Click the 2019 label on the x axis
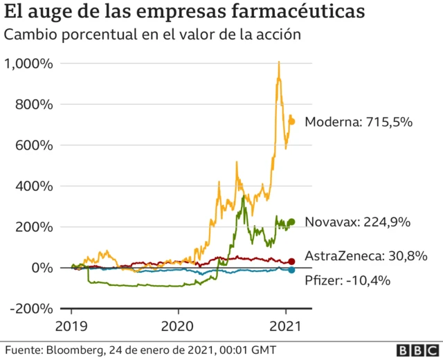(x=71, y=325)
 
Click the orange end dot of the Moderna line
(x=292, y=121)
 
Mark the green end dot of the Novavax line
(x=292, y=222)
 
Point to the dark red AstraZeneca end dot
(x=292, y=262)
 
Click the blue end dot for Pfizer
(x=292, y=270)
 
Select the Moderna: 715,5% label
(x=359, y=122)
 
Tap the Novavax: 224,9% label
(x=358, y=222)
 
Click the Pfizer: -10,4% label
(x=347, y=280)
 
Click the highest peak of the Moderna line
(x=278, y=62)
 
